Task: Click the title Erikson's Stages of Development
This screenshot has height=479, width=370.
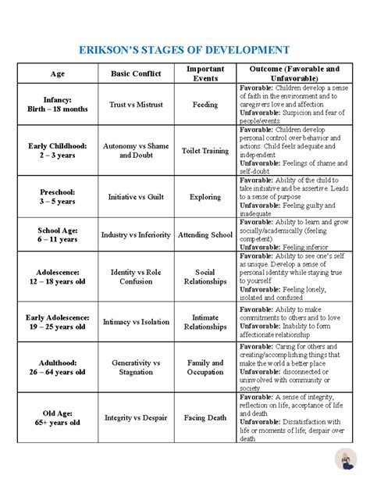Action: tap(185, 49)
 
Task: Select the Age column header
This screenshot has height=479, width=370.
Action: tap(58, 73)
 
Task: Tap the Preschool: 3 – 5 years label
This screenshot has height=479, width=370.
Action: tap(58, 196)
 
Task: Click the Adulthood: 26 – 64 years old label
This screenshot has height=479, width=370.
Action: tap(58, 367)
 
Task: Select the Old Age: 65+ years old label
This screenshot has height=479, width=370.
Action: tap(58, 417)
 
